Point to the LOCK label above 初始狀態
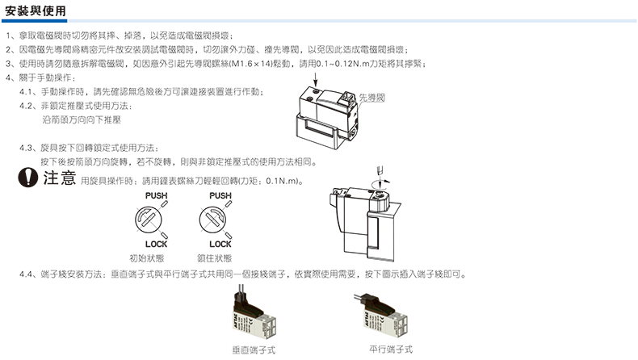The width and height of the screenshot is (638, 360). (x=155, y=243)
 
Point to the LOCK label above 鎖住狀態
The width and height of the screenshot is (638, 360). (x=220, y=243)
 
